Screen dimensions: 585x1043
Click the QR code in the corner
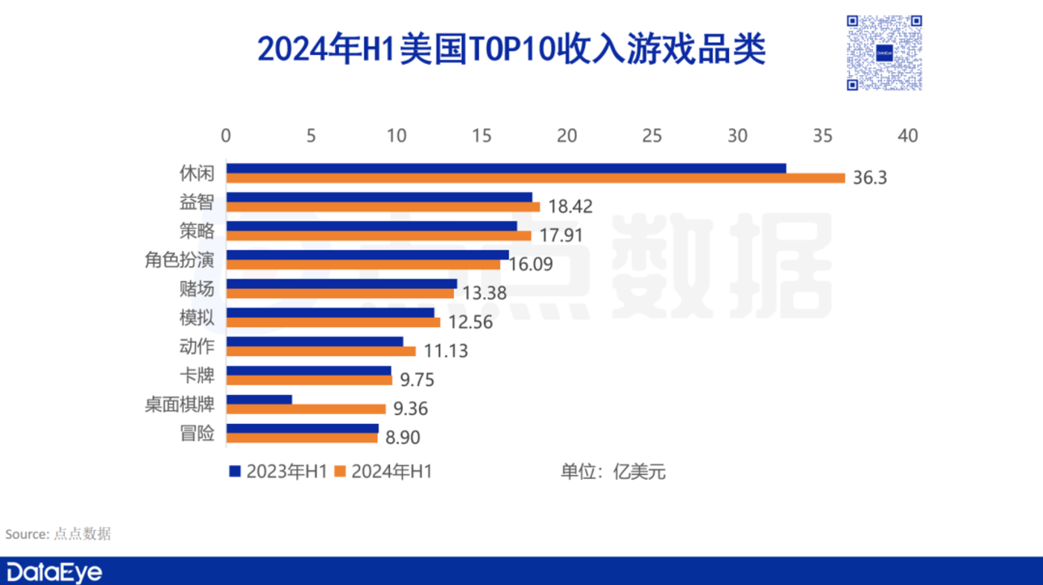point(884,53)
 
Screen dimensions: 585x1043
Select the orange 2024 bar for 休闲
point(535,178)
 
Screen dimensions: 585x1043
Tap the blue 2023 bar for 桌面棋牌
point(259,399)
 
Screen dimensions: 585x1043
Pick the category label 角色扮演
point(180,260)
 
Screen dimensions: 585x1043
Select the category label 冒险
point(197,434)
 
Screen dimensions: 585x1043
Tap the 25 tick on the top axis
point(652,136)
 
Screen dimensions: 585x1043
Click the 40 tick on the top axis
point(907,136)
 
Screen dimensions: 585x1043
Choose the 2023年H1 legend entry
point(278,471)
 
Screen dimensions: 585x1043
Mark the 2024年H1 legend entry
point(383,471)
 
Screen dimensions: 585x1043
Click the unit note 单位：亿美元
point(613,471)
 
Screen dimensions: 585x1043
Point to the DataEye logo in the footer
point(54,572)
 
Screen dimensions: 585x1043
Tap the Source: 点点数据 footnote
point(58,534)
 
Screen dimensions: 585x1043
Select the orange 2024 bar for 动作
point(321,351)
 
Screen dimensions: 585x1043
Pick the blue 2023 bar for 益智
point(379,197)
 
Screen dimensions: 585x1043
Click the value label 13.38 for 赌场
point(484,294)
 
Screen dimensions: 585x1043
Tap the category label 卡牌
point(197,376)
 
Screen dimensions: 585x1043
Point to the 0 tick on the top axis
point(226,136)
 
